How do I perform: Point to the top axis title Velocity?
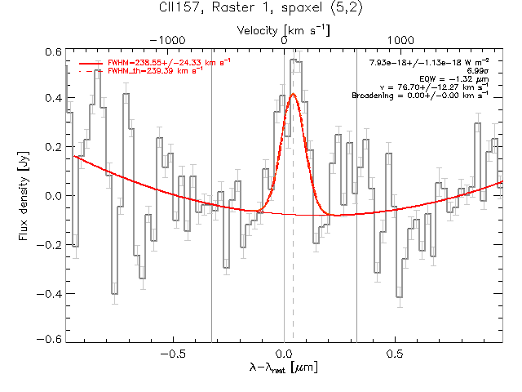[x=257, y=31]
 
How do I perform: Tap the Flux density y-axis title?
[x=24, y=196]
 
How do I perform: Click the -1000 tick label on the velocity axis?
[x=167, y=40]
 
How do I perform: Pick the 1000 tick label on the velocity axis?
[x=400, y=40]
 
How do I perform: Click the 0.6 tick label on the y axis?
[x=53, y=52]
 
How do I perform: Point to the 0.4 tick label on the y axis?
[x=53, y=98]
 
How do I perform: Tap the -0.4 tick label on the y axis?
[x=49, y=294]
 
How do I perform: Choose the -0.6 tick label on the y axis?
[x=49, y=340]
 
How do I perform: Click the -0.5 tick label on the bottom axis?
[x=173, y=354]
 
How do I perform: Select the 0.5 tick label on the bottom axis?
[x=395, y=354]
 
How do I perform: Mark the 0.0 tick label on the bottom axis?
[x=284, y=354]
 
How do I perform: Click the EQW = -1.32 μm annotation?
[x=454, y=79]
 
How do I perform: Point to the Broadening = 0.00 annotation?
[x=421, y=96]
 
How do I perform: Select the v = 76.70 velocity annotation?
[x=435, y=87]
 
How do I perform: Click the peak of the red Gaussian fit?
[x=294, y=94]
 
